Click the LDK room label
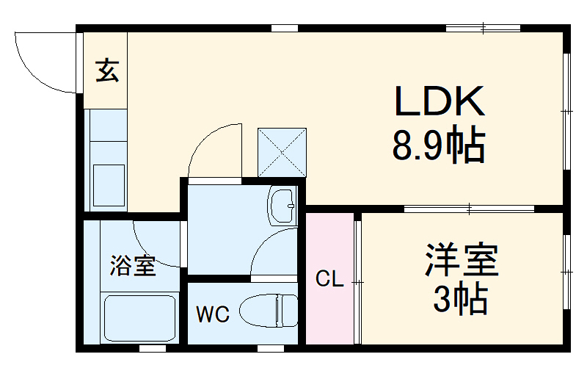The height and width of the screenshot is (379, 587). pyautogui.click(x=440, y=102)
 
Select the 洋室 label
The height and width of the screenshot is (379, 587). pyautogui.click(x=462, y=261)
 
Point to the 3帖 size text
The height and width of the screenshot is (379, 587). pyautogui.click(x=461, y=298)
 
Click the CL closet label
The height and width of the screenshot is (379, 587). pyautogui.click(x=329, y=279)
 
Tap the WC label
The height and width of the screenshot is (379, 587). pyautogui.click(x=212, y=315)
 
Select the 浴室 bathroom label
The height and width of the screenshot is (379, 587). pyautogui.click(x=133, y=266)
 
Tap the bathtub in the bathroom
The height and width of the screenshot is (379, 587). pyautogui.click(x=139, y=317)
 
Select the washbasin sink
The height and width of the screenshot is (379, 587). pyautogui.click(x=282, y=205)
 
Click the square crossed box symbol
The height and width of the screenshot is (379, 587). pyautogui.click(x=282, y=152)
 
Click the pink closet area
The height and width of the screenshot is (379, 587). pyautogui.click(x=329, y=308)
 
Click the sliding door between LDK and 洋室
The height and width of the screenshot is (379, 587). pyautogui.click(x=470, y=209)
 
